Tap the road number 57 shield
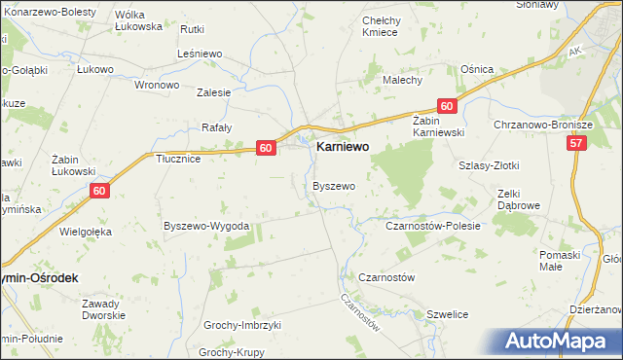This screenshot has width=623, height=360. point(576,143)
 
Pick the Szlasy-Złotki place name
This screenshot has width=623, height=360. point(488,165)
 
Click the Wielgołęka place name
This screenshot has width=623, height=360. point(86,232)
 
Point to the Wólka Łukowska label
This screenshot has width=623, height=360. point(138,20)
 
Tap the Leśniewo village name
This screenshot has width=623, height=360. point(202,54)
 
